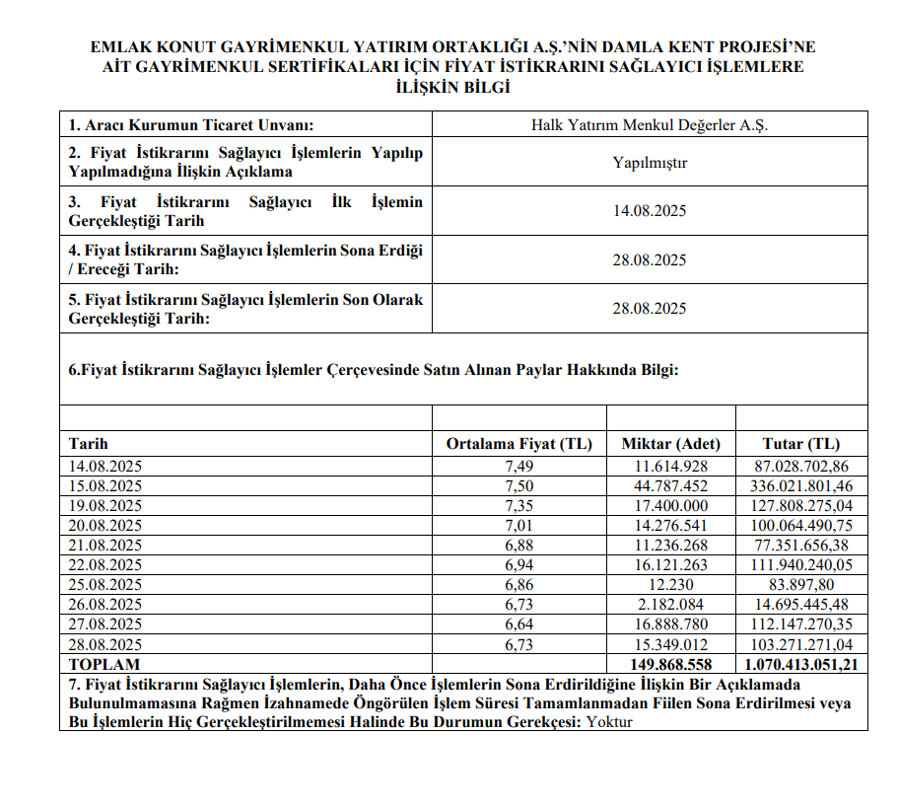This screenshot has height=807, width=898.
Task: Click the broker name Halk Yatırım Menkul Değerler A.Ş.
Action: click(649, 125)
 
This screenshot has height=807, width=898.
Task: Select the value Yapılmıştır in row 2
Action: click(649, 163)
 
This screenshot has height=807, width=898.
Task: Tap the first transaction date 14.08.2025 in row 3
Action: click(649, 211)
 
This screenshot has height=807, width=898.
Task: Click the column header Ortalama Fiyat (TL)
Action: click(519, 444)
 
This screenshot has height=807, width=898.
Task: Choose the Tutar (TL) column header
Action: click(800, 444)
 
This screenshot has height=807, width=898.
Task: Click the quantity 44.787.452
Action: click(670, 485)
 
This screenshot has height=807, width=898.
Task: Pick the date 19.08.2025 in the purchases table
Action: click(105, 505)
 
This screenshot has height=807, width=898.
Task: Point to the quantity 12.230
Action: click(685, 584)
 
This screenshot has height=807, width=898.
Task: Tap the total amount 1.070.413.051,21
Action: click(800, 665)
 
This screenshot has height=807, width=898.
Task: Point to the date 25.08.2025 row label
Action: click(105, 584)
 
